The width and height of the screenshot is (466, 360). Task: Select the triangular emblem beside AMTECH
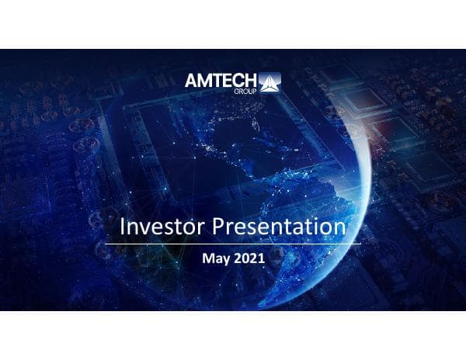click(x=270, y=81)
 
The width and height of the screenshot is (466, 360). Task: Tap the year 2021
click(x=249, y=258)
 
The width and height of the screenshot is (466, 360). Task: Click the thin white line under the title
click(x=233, y=244)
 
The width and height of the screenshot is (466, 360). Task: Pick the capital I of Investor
click(x=123, y=227)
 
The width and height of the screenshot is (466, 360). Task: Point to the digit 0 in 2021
click(x=245, y=258)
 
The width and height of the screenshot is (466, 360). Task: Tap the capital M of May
click(x=207, y=258)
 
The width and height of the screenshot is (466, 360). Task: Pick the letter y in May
click(x=225, y=259)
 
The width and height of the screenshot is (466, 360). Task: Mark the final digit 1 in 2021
click(x=262, y=258)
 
